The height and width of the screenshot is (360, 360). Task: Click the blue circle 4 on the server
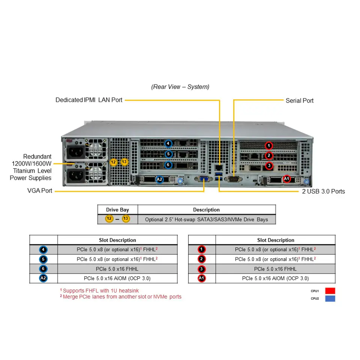pyautogui.click(x=168, y=144)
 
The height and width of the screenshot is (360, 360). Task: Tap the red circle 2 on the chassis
pyautogui.click(x=269, y=155)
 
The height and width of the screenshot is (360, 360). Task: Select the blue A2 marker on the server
pyautogui.click(x=160, y=179)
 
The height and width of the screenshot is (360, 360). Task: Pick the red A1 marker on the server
pyautogui.click(x=286, y=179)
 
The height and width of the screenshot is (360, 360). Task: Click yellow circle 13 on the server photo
pyautogui.click(x=124, y=162)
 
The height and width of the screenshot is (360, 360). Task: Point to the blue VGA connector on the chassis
pyautogui.click(x=203, y=179)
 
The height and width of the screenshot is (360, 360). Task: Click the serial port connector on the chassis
pyautogui.click(x=233, y=179)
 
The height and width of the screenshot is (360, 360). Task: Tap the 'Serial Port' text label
pyautogui.click(x=299, y=100)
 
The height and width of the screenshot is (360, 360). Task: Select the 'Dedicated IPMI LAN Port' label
pyautogui.click(x=89, y=100)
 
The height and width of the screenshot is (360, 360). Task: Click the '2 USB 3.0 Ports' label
pyautogui.click(x=323, y=191)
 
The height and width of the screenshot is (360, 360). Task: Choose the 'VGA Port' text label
pyautogui.click(x=40, y=190)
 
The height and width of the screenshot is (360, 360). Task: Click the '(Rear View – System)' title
pyautogui.click(x=180, y=87)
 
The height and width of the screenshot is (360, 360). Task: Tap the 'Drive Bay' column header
pyautogui.click(x=117, y=210)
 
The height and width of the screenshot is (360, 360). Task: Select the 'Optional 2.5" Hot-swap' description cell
pyautogui.click(x=207, y=220)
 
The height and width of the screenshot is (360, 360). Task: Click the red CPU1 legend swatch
pyautogui.click(x=330, y=291)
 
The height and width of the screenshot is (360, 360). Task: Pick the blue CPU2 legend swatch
pyautogui.click(x=330, y=298)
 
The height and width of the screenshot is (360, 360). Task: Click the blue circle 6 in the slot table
pyautogui.click(x=43, y=269)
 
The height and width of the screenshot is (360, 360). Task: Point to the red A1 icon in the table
pyautogui.click(x=202, y=278)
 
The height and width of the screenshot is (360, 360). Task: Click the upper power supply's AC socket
pyautogui.click(x=76, y=152)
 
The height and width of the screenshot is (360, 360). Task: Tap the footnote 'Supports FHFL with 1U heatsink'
pyautogui.click(x=99, y=290)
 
